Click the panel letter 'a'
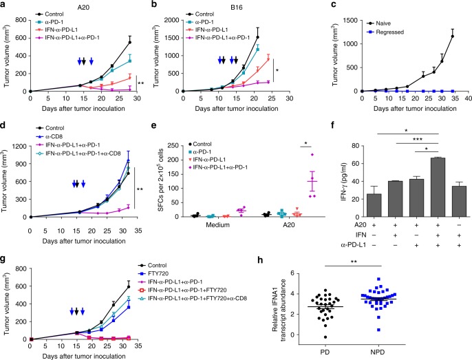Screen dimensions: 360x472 click(5, 5)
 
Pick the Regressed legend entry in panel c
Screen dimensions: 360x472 click(381, 23)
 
